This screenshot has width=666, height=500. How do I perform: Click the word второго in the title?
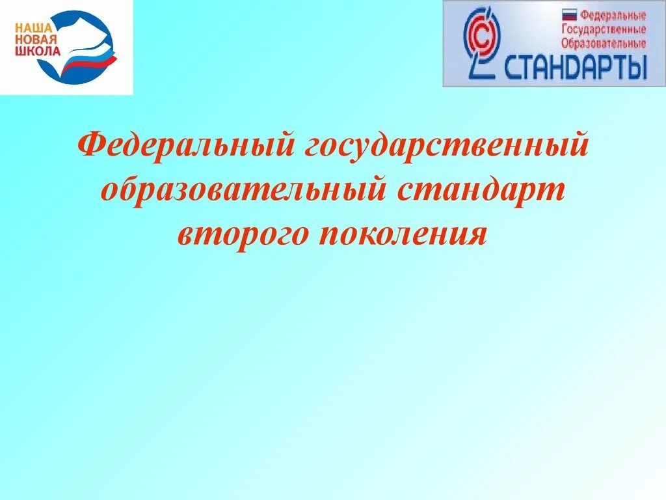[243, 233]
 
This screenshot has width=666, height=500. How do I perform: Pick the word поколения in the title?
[403, 233]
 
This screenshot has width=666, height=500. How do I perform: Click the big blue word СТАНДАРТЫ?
[576, 68]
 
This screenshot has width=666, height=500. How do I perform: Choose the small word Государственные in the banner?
[604, 29]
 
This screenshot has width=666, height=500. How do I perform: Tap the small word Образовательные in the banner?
[604, 44]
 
